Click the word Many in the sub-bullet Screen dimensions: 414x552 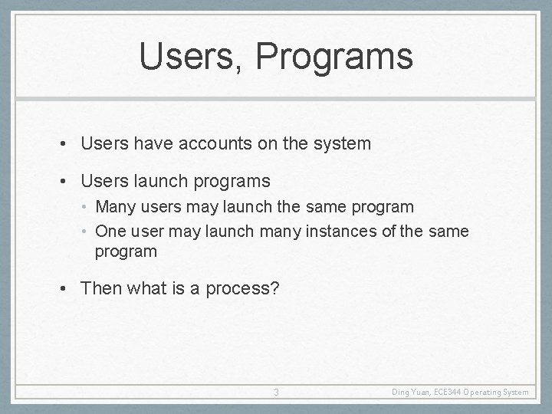click(x=113, y=207)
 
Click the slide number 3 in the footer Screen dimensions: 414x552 click(x=276, y=393)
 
